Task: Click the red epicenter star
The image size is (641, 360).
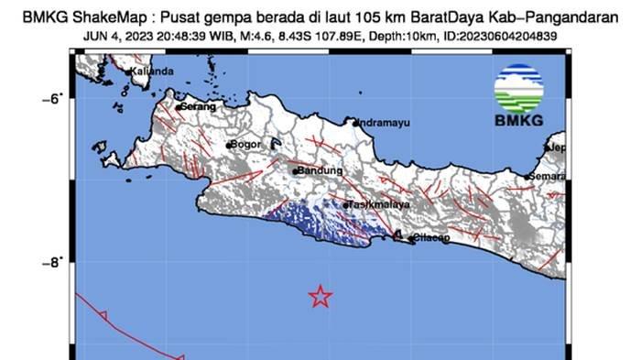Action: click(x=320, y=295)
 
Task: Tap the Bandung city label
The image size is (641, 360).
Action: click(x=320, y=170)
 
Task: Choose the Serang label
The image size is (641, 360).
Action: click(x=199, y=107)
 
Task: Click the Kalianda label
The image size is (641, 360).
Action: click(x=152, y=71)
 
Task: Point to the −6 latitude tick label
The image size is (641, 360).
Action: click(x=51, y=98)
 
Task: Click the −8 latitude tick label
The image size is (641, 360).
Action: click(x=51, y=262)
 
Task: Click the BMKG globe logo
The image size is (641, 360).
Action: click(x=518, y=89)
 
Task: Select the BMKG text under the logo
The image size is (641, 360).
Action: click(x=518, y=121)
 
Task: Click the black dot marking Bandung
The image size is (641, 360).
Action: click(x=295, y=171)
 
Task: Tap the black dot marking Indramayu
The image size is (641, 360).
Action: click(x=356, y=121)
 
